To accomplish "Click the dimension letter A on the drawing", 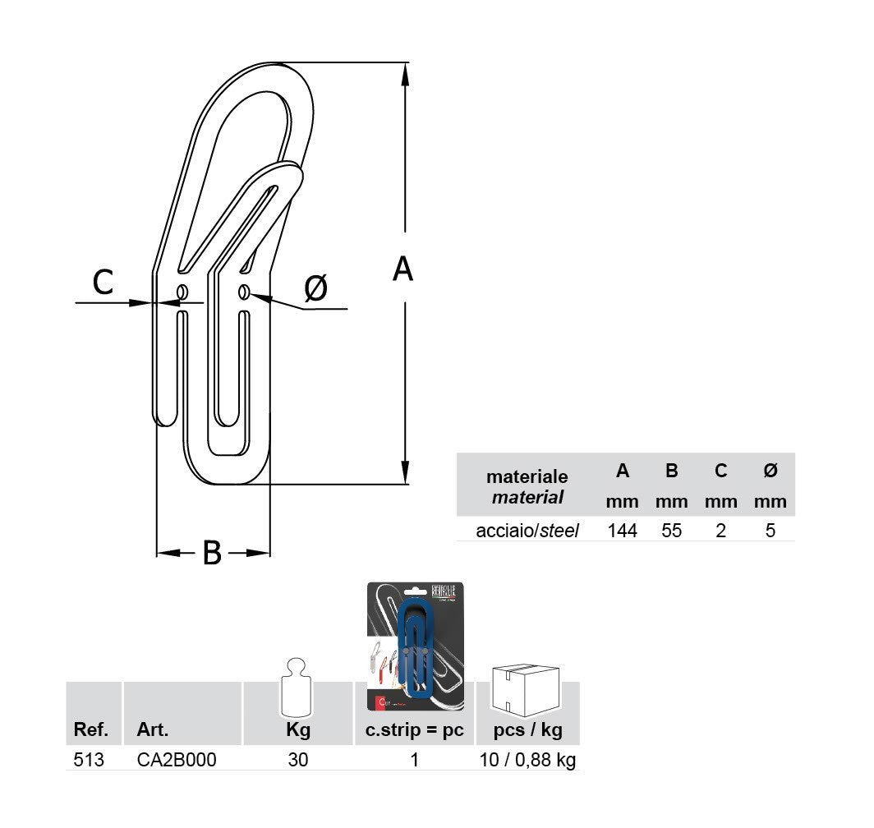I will click(x=402, y=269).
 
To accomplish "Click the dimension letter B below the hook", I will click(x=212, y=553).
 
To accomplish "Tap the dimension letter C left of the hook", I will click(x=103, y=282).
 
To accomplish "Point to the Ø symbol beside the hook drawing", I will click(x=315, y=287).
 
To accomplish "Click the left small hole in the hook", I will click(x=182, y=292).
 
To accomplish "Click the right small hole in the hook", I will click(x=244, y=292).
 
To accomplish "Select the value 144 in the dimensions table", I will click(x=622, y=531).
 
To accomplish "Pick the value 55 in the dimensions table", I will click(x=671, y=531).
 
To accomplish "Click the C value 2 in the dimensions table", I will click(x=720, y=531).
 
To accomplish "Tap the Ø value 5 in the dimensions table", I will click(x=770, y=531).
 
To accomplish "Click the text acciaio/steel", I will click(x=527, y=531).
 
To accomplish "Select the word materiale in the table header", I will click(x=527, y=476).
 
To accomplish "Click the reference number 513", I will click(x=89, y=760).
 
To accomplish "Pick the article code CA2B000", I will click(x=177, y=760).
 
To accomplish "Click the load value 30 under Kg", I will click(x=298, y=760).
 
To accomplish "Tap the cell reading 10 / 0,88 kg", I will click(x=527, y=760).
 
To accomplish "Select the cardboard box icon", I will click(x=526, y=688).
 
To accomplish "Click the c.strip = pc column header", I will click(x=414, y=730).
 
